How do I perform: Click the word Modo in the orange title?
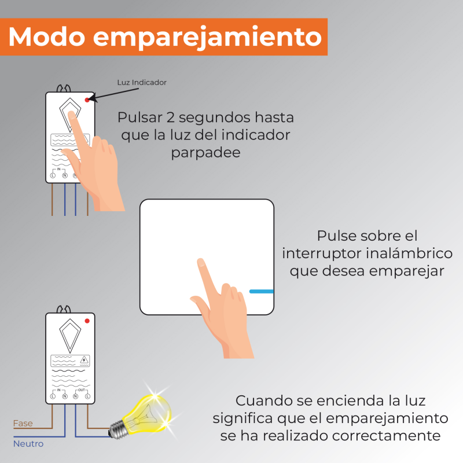click(x=47, y=36)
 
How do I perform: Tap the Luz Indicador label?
click(x=142, y=82)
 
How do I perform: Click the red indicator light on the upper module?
click(x=87, y=100)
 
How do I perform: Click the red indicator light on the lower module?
click(x=87, y=321)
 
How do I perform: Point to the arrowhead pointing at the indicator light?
click(x=92, y=98)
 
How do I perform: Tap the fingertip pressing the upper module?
click(x=71, y=114)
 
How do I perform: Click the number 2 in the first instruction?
click(x=171, y=117)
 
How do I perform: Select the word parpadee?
click(x=206, y=153)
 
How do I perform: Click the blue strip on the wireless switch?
click(x=262, y=292)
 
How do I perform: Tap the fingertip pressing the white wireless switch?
click(x=201, y=262)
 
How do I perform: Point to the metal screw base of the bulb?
click(x=117, y=429)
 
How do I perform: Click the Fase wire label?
click(x=23, y=424)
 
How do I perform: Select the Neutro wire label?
click(x=28, y=444)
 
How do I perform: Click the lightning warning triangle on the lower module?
click(x=84, y=360)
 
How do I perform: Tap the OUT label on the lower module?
click(x=82, y=390)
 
